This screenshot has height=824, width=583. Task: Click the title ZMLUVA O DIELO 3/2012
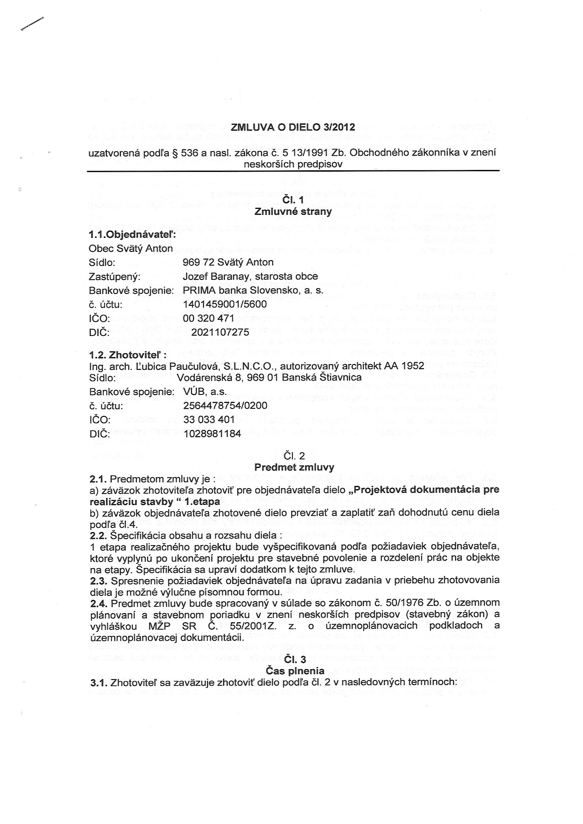point(293,128)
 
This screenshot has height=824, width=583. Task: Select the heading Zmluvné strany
point(293,211)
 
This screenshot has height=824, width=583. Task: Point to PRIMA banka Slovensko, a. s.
point(253,290)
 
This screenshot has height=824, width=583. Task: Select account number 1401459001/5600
point(225,304)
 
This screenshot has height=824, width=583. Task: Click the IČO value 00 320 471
point(208,318)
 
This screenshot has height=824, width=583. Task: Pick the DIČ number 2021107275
point(220,332)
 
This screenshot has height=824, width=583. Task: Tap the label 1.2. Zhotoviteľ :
point(128,355)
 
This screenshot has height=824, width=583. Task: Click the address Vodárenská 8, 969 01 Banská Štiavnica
point(269,378)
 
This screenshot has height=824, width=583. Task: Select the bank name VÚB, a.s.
point(205,392)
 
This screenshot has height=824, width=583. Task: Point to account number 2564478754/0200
point(225,406)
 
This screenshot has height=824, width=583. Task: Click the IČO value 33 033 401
point(209,420)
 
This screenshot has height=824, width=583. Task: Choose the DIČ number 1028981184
point(212,434)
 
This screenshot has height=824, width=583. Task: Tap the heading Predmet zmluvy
point(294,467)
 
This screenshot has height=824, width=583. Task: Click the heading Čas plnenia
point(295,671)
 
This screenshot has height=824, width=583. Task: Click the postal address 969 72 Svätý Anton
point(228,262)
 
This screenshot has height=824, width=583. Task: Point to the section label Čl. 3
point(295,659)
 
